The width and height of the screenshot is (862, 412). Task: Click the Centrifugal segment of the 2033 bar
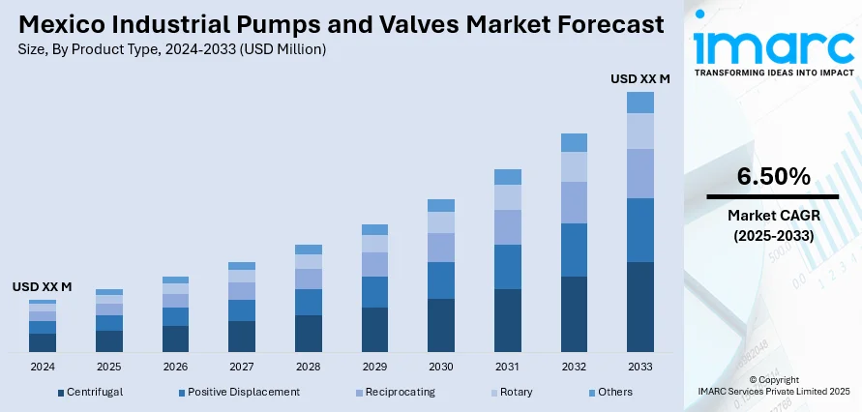(x=639, y=307)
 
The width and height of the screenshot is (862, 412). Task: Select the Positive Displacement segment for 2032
(x=574, y=250)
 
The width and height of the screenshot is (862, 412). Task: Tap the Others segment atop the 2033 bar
(x=639, y=103)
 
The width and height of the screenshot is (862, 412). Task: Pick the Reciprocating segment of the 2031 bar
(x=507, y=227)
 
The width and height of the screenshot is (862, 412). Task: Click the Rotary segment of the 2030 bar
(x=440, y=222)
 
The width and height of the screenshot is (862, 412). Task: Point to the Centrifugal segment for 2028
(x=308, y=333)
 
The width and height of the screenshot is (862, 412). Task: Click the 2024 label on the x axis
(x=43, y=367)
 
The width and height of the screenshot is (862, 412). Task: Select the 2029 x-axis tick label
(x=374, y=367)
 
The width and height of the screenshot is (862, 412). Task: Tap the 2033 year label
(x=639, y=367)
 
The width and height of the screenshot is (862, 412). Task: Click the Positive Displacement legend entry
(x=243, y=392)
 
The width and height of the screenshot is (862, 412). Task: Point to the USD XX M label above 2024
(x=43, y=287)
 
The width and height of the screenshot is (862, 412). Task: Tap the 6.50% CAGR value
(x=773, y=176)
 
